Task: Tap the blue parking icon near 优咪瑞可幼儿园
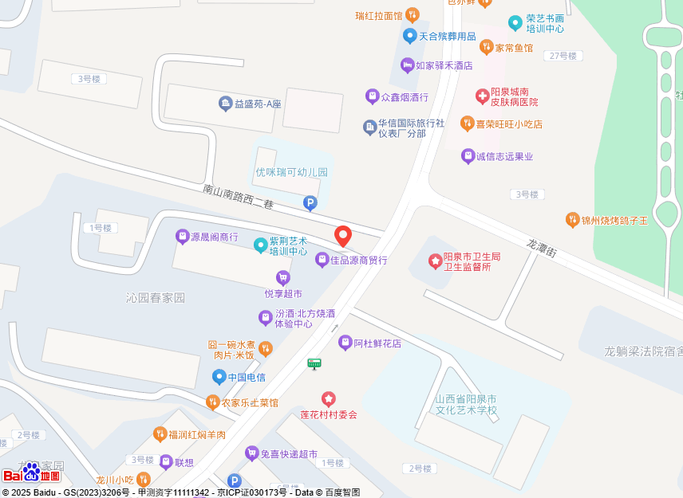coord(310,204)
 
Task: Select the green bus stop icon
coord(314,364)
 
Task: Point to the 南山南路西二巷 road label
coord(238,197)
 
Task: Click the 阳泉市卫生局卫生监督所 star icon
coord(435,261)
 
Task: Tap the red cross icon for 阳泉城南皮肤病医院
coord(482,96)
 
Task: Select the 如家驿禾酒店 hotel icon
coord(407,65)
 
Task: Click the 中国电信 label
coord(247,377)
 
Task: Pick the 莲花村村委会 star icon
coord(328,398)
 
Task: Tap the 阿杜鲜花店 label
coord(377,343)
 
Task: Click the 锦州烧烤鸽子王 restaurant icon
coord(572,220)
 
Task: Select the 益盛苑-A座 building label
coord(258,104)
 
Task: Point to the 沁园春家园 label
coord(155,298)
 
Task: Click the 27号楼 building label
coord(563,56)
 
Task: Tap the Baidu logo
coord(32,474)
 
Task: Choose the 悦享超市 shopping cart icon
coord(282,277)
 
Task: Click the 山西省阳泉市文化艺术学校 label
coord(466,404)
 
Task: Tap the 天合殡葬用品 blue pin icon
coord(409,36)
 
